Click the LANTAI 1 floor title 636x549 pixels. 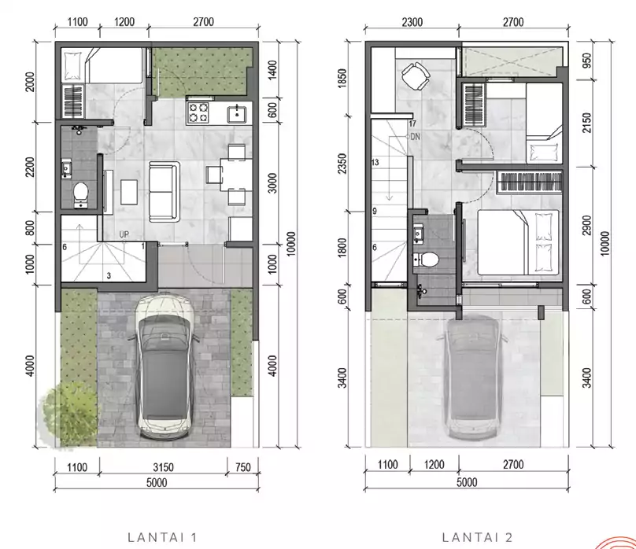point(162,538)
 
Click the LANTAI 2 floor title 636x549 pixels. point(478,538)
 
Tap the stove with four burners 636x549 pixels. point(198,112)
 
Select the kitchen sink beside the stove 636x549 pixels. point(236,114)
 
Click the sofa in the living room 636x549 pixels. point(165,192)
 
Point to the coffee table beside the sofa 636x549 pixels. point(129,193)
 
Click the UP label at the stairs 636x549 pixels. point(124,234)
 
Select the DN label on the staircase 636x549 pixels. point(416,137)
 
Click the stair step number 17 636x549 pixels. point(412,124)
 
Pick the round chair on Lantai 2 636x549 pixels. point(416,76)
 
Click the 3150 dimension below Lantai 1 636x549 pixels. point(164,467)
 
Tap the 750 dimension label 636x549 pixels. point(243,467)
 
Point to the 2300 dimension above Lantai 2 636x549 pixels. point(412,22)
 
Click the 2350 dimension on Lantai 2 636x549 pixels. point(342,164)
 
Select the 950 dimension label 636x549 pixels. point(586,61)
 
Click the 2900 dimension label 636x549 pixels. point(586,225)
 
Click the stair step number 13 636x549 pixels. point(375,163)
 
